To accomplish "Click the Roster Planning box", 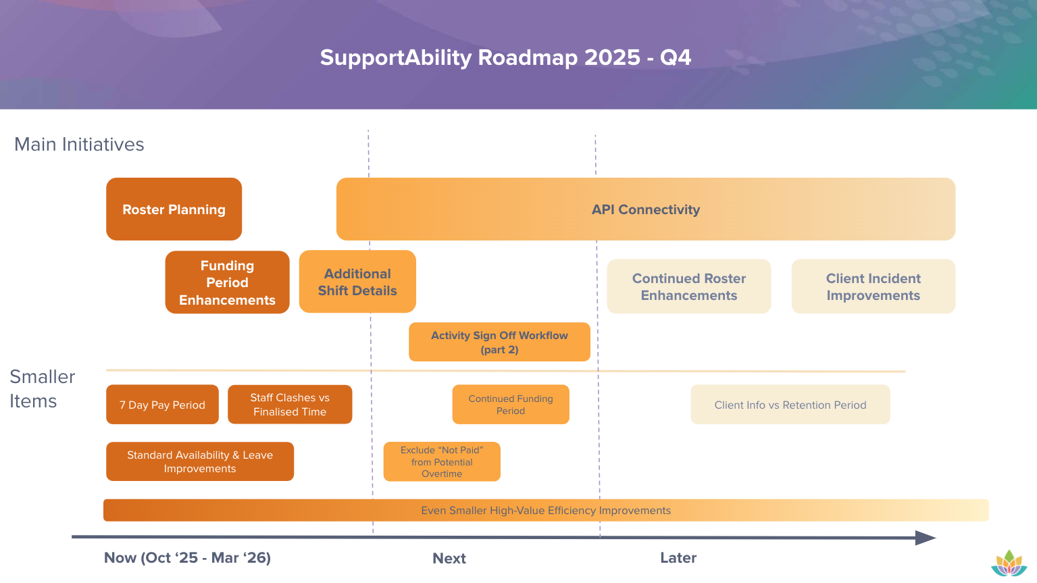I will point(174,209).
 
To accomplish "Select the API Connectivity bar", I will point(645,209).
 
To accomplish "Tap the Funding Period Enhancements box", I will point(227,282).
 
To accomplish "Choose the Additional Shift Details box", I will point(357,282).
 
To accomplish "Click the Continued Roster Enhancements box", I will point(688,286).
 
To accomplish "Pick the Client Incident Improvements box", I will point(873,286).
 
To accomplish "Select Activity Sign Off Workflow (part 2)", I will point(499,342).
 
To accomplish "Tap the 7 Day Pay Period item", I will point(162,405).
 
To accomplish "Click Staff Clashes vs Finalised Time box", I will point(290,405).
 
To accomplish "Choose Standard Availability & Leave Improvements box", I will point(200,461).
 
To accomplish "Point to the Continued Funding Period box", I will point(511,405).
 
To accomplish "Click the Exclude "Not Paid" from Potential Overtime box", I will point(442,461).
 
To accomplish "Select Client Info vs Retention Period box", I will point(790,405).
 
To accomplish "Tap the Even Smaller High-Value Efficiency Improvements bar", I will point(546,510).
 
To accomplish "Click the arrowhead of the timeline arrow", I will point(925,538).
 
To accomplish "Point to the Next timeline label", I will point(449,558).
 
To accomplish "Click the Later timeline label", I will point(678,557).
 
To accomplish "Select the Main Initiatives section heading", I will point(79,145).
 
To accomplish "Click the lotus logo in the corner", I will point(1009,563).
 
